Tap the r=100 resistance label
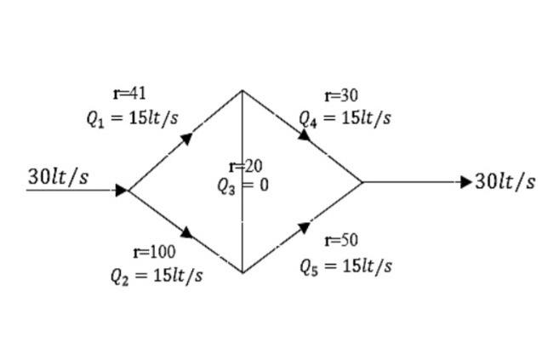coord(155,252)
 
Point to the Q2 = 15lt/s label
coord(157,277)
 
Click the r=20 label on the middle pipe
coord(246,166)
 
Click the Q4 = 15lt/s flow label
coord(345,118)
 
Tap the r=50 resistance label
coord(342,241)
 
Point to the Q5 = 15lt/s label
coord(345,266)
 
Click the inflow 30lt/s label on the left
coord(58,177)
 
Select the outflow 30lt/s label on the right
coord(505,181)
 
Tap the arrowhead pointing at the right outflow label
coord(465,181)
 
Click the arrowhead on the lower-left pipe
coord(186,232)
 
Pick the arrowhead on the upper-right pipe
coord(305,136)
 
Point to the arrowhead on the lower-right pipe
coord(304,227)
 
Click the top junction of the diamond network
coord(242,90)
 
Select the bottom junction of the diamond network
coord(242,272)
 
